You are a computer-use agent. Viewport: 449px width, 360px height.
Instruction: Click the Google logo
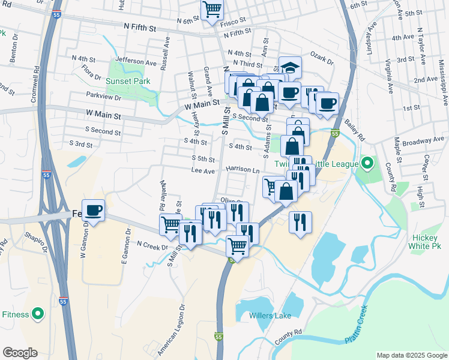click(x=20, y=353)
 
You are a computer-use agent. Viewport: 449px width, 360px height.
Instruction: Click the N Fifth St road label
click(x=139, y=28)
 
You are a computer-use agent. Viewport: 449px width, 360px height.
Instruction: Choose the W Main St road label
click(x=103, y=113)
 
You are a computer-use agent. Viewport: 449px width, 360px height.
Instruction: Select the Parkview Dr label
click(x=103, y=97)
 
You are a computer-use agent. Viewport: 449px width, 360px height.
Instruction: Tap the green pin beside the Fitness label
click(x=38, y=314)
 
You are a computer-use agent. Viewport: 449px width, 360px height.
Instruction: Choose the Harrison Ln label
click(x=243, y=170)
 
